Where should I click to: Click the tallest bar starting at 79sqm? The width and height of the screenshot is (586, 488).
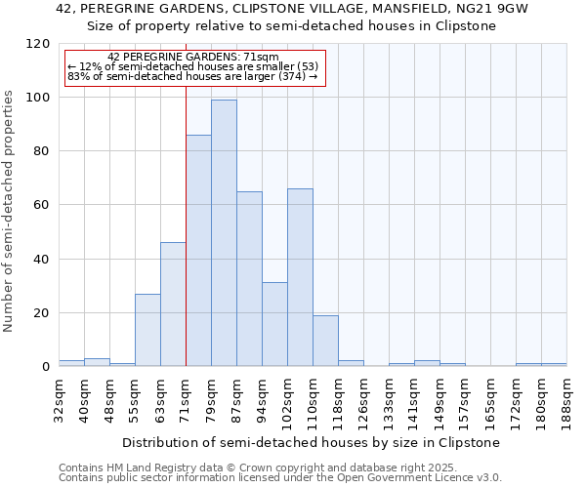(x=224, y=232)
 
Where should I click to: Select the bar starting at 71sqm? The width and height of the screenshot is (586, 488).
(x=198, y=250)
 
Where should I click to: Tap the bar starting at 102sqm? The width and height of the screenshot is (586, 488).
(x=300, y=277)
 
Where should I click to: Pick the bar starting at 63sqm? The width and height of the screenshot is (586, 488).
(x=173, y=304)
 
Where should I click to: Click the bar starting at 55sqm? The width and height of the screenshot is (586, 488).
(x=147, y=330)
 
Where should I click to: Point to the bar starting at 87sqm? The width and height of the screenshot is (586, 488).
(x=249, y=278)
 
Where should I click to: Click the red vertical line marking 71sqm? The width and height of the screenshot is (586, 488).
(x=186, y=195)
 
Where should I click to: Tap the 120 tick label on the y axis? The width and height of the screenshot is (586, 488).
(x=38, y=44)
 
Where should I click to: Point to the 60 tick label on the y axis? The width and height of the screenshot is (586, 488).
(x=42, y=205)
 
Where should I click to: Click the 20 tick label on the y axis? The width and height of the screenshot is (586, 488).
(x=42, y=313)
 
